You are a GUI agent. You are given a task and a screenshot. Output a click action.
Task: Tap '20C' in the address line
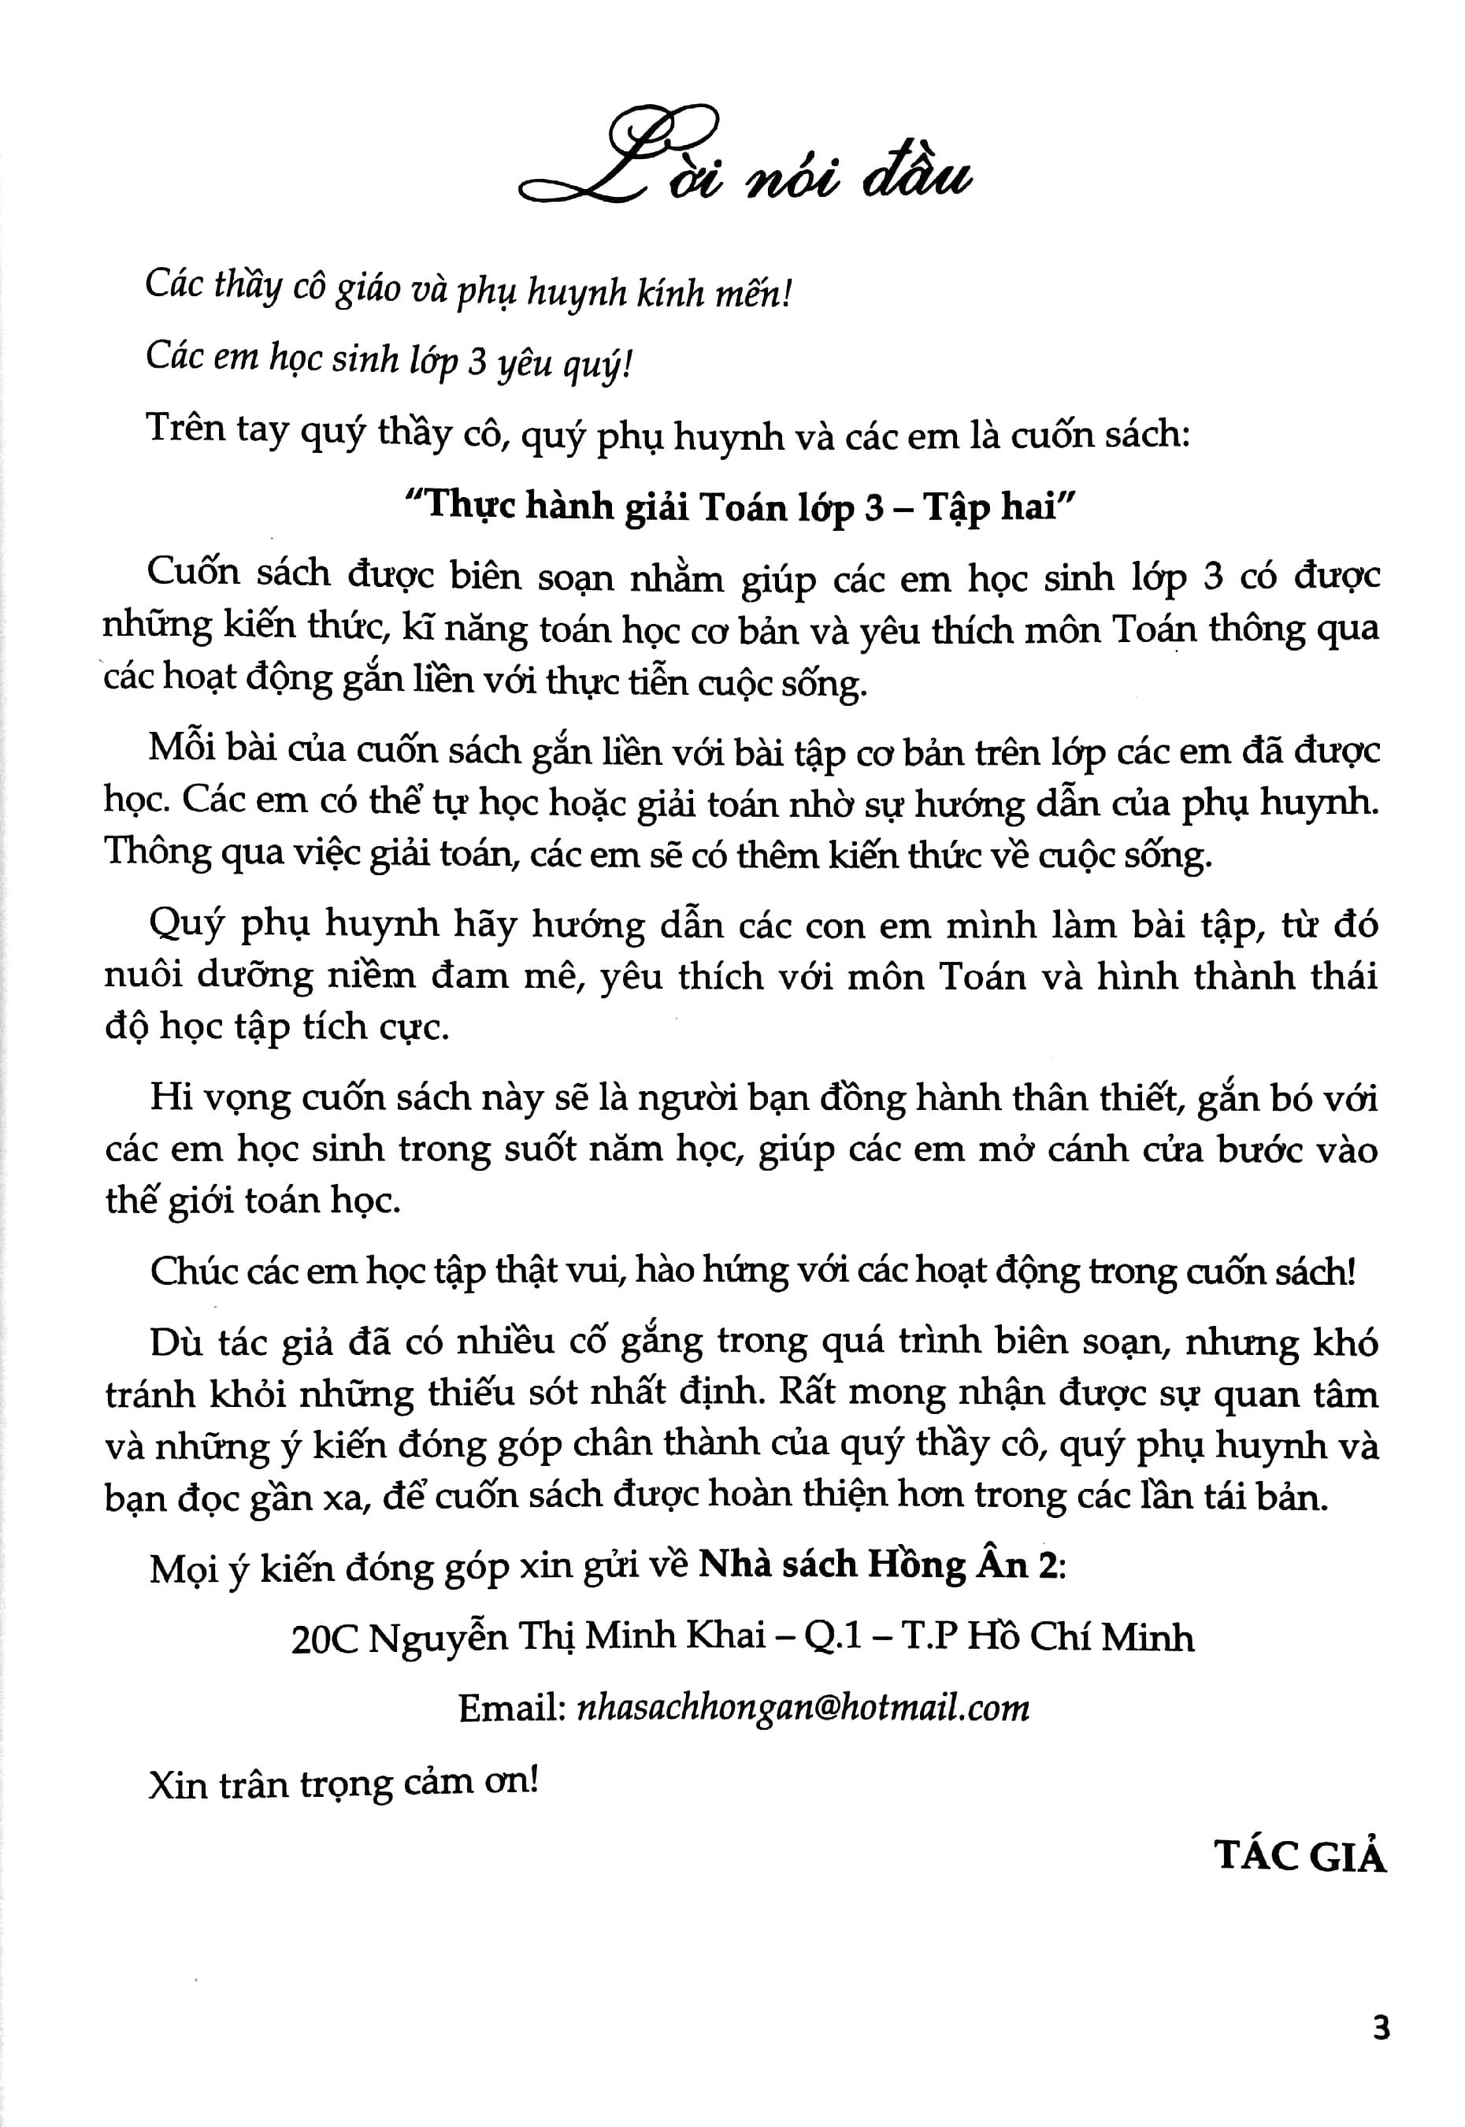click(323, 1638)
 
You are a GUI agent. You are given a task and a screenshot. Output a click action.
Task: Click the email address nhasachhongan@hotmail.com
click(800, 1707)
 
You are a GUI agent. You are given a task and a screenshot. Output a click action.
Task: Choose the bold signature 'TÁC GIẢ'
click(1300, 1855)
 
